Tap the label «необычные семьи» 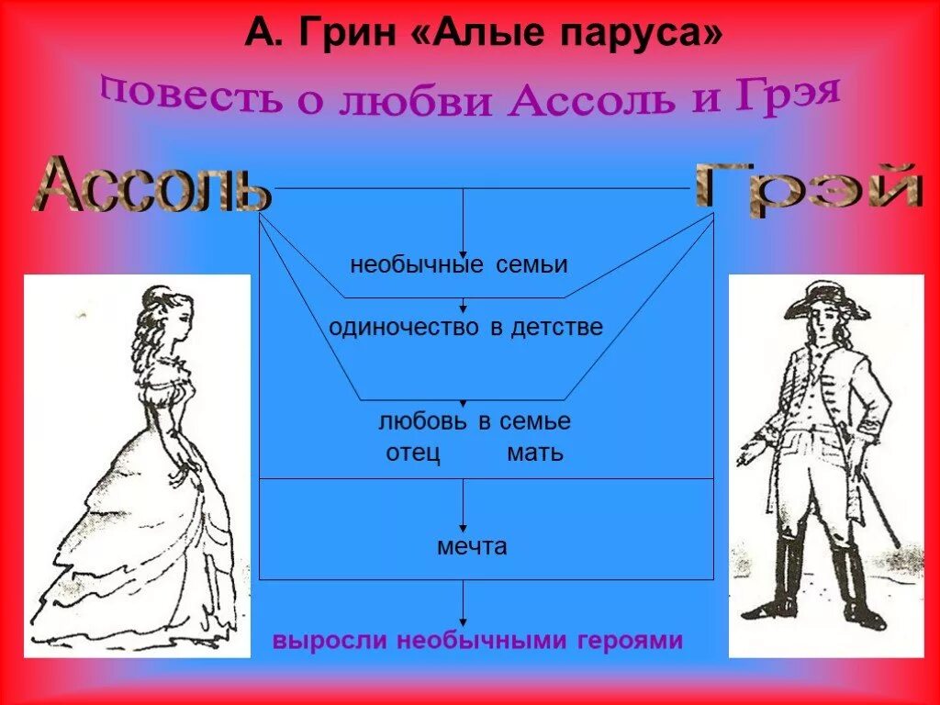pos(459,265)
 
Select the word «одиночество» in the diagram pos(404,327)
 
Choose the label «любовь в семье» pos(475,421)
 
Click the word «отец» pos(413,453)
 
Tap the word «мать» pos(535,453)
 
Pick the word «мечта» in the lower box pos(472,547)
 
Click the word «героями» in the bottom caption pos(630,640)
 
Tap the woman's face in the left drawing pos(180,317)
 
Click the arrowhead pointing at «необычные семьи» pos(463,253)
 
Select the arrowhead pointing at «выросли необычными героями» pos(463,621)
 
